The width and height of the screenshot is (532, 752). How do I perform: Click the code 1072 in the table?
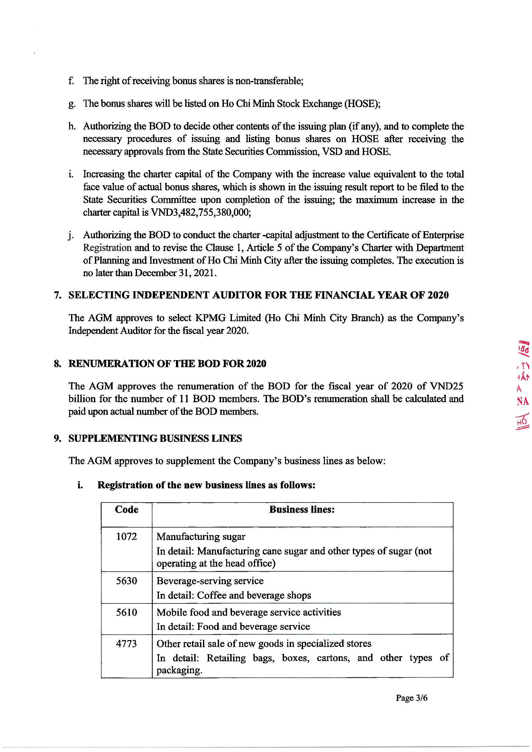click(x=126, y=537)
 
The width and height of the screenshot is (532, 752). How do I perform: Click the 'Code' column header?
click(x=126, y=510)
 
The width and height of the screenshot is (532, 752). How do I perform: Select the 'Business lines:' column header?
click(x=302, y=510)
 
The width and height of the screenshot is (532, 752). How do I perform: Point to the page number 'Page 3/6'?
click(x=411, y=698)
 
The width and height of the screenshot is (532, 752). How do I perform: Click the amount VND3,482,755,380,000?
click(x=200, y=213)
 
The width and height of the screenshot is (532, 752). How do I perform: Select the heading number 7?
click(x=58, y=295)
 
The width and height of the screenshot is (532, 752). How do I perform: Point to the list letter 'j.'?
click(x=70, y=235)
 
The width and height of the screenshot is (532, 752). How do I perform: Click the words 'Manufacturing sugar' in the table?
click(x=200, y=537)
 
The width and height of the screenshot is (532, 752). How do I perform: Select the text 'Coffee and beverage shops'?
click(x=254, y=595)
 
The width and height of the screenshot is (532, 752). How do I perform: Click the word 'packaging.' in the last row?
click(x=179, y=670)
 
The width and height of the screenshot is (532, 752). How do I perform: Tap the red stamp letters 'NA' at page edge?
click(x=522, y=401)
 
